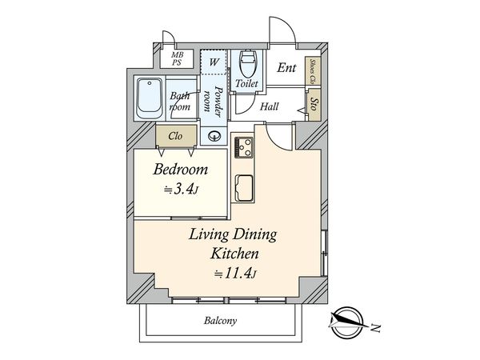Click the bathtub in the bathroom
(x=150, y=98)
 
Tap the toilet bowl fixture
(x=247, y=64)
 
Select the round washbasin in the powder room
(x=214, y=136)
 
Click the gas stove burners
(x=244, y=147)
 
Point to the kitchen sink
(x=244, y=188)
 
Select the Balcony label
(x=221, y=321)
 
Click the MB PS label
(x=177, y=58)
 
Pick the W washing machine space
(x=214, y=62)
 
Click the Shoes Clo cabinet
(x=313, y=71)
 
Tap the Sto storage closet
(x=314, y=105)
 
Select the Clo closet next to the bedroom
(x=176, y=136)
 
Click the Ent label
(x=286, y=68)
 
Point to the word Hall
(x=270, y=106)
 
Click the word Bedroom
(x=180, y=170)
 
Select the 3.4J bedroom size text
(x=181, y=190)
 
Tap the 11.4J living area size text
(x=235, y=273)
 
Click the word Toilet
(x=246, y=83)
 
